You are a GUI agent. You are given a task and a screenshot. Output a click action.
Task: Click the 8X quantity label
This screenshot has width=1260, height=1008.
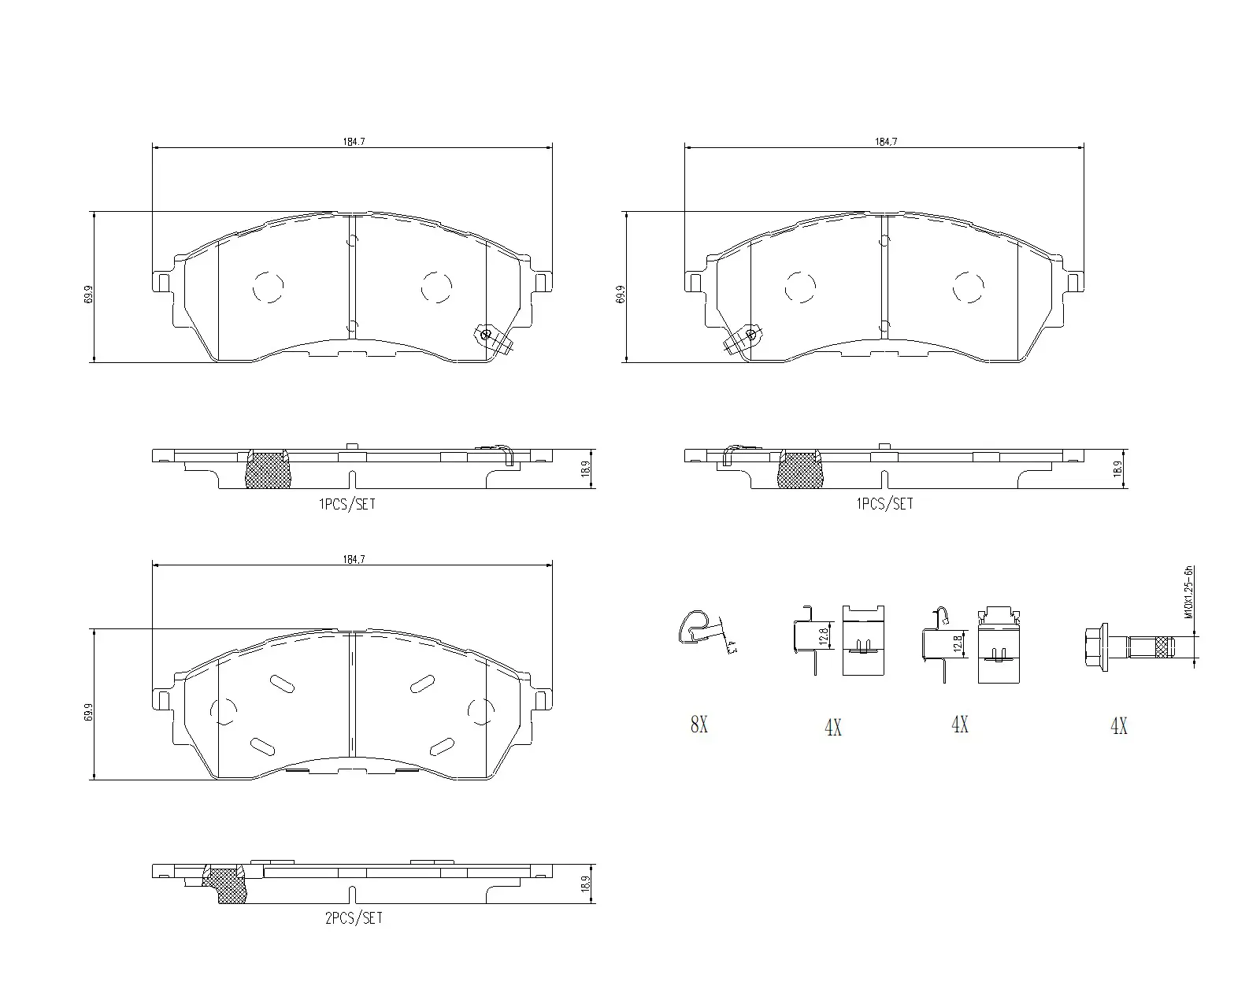click(699, 724)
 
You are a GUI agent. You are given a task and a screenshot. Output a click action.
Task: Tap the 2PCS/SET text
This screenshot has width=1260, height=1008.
click(353, 918)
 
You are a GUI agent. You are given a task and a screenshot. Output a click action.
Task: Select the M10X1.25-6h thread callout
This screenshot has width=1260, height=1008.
click(1188, 592)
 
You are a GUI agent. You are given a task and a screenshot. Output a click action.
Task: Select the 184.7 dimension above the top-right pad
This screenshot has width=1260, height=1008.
click(886, 142)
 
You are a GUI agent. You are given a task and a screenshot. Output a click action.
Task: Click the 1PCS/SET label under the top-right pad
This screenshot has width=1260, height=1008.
click(884, 504)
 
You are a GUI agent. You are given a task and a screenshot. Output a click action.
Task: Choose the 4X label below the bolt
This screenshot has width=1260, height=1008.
click(1118, 726)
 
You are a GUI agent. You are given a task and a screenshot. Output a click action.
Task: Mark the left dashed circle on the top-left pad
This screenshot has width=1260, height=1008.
click(268, 287)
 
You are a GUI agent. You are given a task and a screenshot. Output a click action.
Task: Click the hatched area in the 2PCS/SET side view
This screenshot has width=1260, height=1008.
click(227, 886)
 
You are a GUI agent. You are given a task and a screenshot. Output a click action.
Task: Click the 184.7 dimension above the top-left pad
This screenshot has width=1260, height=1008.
click(353, 142)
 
